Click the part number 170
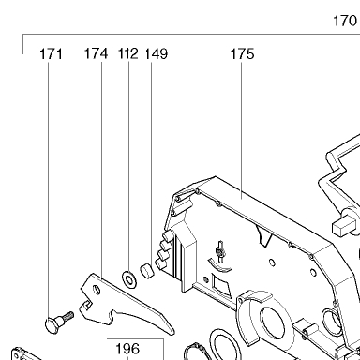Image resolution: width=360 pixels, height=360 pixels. pyautogui.click(x=345, y=21)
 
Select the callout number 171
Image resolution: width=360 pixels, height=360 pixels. pyautogui.click(x=51, y=53)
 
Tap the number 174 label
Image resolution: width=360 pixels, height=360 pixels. pyautogui.click(x=96, y=53)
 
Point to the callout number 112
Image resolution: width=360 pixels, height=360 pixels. pyautogui.click(x=128, y=53)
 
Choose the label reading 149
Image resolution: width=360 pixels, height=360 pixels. pyautogui.click(x=157, y=53)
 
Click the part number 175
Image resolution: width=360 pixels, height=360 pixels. pyautogui.click(x=242, y=53)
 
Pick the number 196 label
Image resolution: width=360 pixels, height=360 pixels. pyautogui.click(x=127, y=349)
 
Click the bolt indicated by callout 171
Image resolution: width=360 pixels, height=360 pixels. pyautogui.click(x=59, y=322)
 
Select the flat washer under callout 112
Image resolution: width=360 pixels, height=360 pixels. pyautogui.click(x=129, y=278)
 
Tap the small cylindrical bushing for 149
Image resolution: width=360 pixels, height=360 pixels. pyautogui.click(x=147, y=271)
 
